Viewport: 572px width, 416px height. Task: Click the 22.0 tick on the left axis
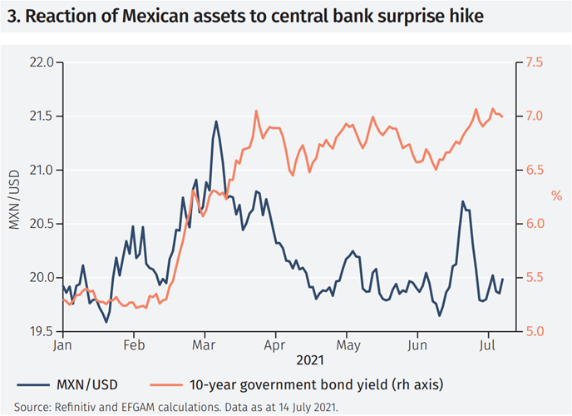tap(40, 62)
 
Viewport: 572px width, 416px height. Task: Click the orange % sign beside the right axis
tap(556, 196)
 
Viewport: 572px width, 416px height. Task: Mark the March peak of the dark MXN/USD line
tap(216, 121)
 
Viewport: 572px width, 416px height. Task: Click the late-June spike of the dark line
tap(462, 201)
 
